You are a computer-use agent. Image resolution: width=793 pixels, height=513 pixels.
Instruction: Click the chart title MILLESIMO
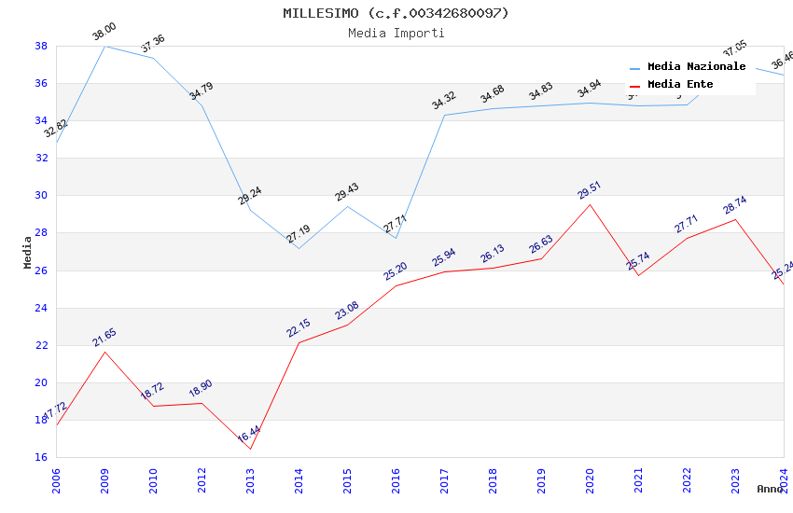click(396, 13)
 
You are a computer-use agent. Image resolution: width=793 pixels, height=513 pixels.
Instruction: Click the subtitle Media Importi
click(396, 33)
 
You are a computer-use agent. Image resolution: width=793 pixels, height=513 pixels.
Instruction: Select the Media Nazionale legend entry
click(696, 67)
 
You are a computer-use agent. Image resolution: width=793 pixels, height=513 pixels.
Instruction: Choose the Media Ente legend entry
click(680, 84)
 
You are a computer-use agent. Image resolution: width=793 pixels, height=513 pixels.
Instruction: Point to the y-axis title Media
click(27, 252)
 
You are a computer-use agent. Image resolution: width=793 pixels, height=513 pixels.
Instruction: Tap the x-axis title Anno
click(770, 489)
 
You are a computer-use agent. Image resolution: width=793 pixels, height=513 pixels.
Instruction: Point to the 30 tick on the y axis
click(42, 196)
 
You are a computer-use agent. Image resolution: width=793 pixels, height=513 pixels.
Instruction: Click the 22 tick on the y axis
click(42, 345)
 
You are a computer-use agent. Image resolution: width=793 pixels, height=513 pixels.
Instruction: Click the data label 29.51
click(589, 191)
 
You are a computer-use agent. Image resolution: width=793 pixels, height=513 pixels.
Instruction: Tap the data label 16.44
click(249, 435)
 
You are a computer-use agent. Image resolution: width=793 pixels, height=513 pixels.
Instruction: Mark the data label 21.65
click(104, 338)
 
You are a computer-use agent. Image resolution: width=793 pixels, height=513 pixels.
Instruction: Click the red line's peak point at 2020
click(590, 204)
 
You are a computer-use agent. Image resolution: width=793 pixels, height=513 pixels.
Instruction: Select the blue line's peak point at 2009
click(104, 46)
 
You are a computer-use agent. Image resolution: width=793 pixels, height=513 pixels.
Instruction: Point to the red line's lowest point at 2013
click(250, 449)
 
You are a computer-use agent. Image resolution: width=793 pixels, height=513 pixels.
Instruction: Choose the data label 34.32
click(443, 102)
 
